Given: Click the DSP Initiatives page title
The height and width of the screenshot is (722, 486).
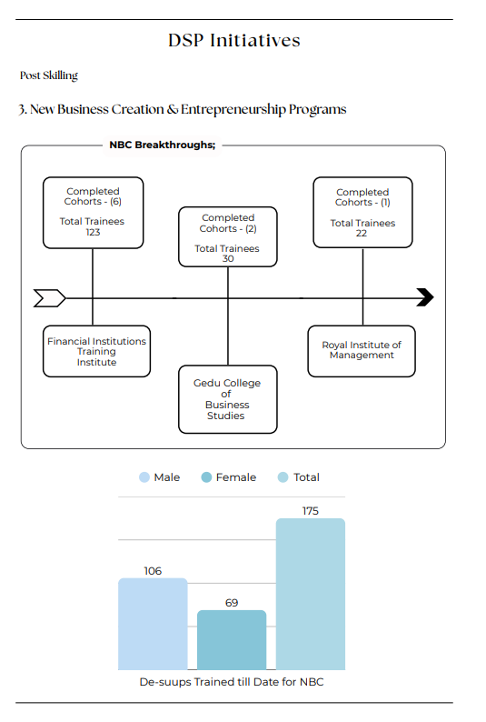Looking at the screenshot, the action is click(x=234, y=41).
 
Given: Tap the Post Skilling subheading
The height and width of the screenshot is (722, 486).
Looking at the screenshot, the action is click(x=49, y=75).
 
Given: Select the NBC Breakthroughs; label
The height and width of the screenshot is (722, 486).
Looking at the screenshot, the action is click(x=163, y=145).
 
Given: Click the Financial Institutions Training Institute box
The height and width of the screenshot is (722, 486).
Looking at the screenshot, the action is click(x=96, y=351).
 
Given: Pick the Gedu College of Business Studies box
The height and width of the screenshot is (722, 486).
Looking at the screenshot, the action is click(x=228, y=399).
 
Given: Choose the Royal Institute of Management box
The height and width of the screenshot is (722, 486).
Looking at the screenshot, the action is click(x=362, y=351).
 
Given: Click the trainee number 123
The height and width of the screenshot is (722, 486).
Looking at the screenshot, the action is click(x=93, y=232).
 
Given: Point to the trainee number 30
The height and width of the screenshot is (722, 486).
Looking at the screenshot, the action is click(x=228, y=259).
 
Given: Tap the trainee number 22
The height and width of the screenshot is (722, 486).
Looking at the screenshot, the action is click(x=362, y=234).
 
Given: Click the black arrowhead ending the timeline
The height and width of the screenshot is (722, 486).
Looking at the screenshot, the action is click(x=425, y=297).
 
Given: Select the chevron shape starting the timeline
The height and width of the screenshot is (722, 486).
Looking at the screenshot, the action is click(x=50, y=298).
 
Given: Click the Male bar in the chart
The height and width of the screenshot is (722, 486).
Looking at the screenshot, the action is click(x=153, y=624).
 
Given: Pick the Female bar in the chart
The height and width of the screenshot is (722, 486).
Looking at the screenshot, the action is click(x=232, y=640).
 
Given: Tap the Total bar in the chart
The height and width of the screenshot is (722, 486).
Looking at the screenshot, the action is click(x=311, y=594).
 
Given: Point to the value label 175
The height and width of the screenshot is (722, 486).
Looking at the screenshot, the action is click(x=311, y=511).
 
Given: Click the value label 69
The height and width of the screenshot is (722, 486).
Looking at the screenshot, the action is click(x=232, y=603).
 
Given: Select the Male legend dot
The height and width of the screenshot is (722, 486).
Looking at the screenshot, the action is click(x=144, y=477).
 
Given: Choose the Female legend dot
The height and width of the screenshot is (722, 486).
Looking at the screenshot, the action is click(x=206, y=477).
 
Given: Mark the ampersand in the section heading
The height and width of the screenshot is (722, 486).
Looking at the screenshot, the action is click(x=173, y=110).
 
